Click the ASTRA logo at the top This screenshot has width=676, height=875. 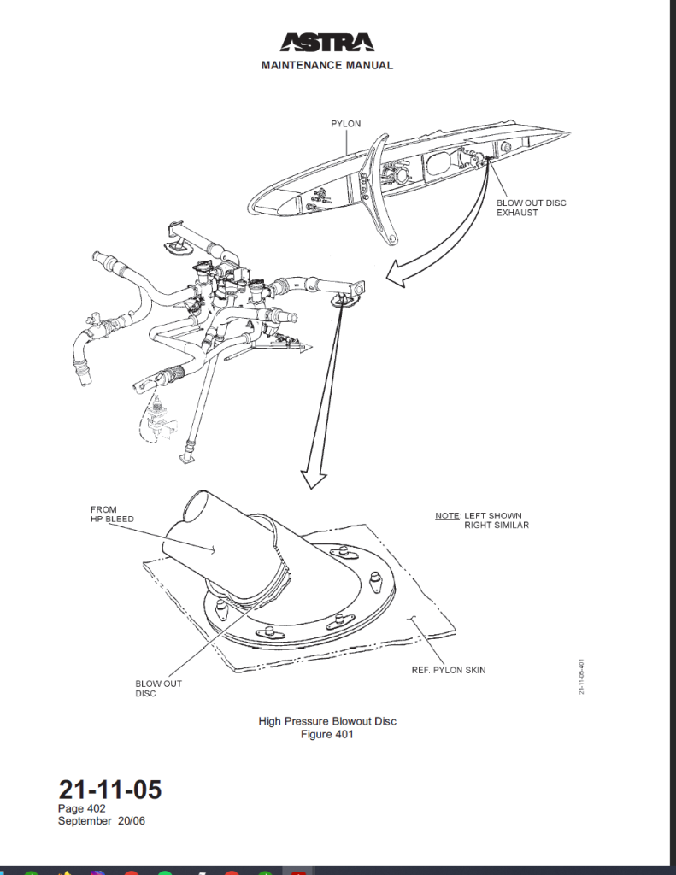coord(327,43)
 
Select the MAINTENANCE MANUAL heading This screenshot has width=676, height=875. coord(327,66)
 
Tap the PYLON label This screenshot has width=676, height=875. coord(345,124)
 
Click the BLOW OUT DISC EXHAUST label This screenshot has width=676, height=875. coord(531,208)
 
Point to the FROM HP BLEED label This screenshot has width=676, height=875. coord(112,514)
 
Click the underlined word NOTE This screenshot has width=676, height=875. coord(447,516)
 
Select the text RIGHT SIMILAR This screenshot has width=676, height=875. coord(497,526)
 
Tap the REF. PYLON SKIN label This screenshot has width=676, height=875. coord(448,670)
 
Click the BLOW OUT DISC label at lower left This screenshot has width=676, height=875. coord(158,689)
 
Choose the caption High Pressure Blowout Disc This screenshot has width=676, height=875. coord(327,721)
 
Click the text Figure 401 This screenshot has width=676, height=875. coord(327,735)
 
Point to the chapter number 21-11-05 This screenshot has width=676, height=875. coord(109,790)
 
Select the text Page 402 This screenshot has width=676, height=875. coord(82,808)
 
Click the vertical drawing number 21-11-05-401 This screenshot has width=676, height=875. coord(581,677)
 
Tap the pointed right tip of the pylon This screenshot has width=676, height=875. coord(567,131)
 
